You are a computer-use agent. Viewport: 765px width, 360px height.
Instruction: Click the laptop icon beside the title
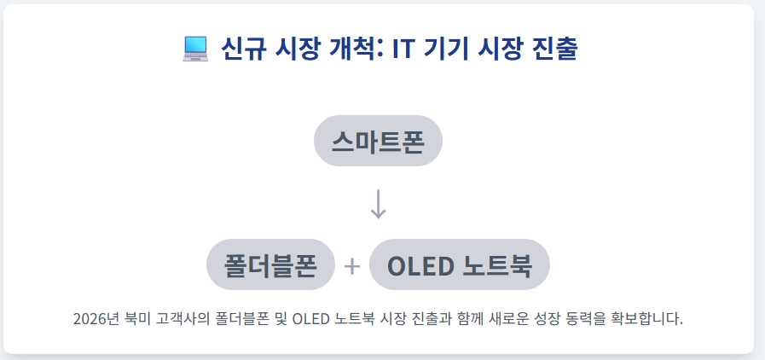(x=195, y=49)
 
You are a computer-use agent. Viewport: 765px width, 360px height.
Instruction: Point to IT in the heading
(x=403, y=49)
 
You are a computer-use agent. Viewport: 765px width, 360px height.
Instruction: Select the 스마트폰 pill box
(x=378, y=141)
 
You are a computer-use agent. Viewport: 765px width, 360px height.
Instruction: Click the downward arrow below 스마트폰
(x=379, y=203)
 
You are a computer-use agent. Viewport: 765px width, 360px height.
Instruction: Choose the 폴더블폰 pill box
(x=270, y=265)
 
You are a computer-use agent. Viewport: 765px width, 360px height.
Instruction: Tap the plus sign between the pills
(x=352, y=267)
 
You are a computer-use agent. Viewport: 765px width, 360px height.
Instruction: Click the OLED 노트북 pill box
(x=460, y=265)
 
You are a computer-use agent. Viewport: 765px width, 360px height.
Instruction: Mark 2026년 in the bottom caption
(x=96, y=320)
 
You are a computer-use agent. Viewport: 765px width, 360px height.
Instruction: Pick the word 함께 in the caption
(x=475, y=320)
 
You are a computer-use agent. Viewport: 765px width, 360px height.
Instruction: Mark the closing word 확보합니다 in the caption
(x=654, y=320)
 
